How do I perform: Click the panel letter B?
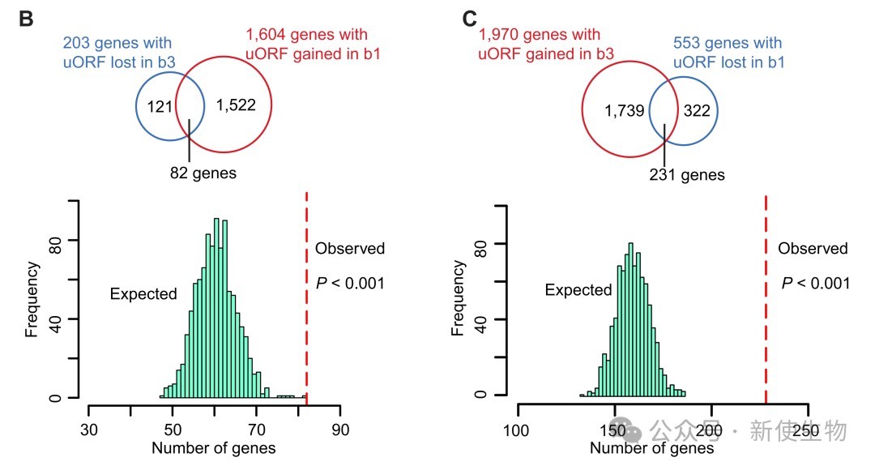(26, 19)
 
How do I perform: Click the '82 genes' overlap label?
(203, 173)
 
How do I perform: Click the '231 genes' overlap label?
(687, 175)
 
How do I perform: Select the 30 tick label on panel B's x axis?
(88, 430)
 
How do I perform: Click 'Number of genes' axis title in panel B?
(214, 448)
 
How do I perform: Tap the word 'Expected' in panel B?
(143, 294)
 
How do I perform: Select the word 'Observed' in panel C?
(813, 249)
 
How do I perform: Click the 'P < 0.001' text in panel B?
(350, 283)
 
